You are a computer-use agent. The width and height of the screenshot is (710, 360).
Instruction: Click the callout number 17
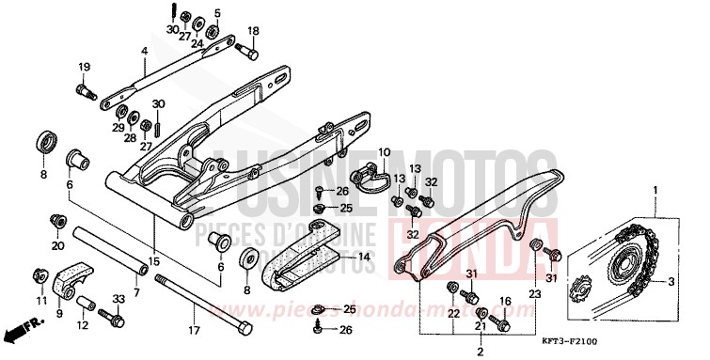195,330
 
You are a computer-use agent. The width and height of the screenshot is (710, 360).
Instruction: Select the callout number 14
363,255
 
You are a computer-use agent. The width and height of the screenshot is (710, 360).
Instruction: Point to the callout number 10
384,151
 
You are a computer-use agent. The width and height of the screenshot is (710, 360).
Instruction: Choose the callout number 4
145,51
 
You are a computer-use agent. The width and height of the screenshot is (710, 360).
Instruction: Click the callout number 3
671,281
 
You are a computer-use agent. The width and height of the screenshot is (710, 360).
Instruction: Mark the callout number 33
118,298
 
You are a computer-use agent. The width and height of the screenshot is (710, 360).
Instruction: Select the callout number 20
58,246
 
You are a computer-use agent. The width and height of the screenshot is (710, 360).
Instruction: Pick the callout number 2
479,352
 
